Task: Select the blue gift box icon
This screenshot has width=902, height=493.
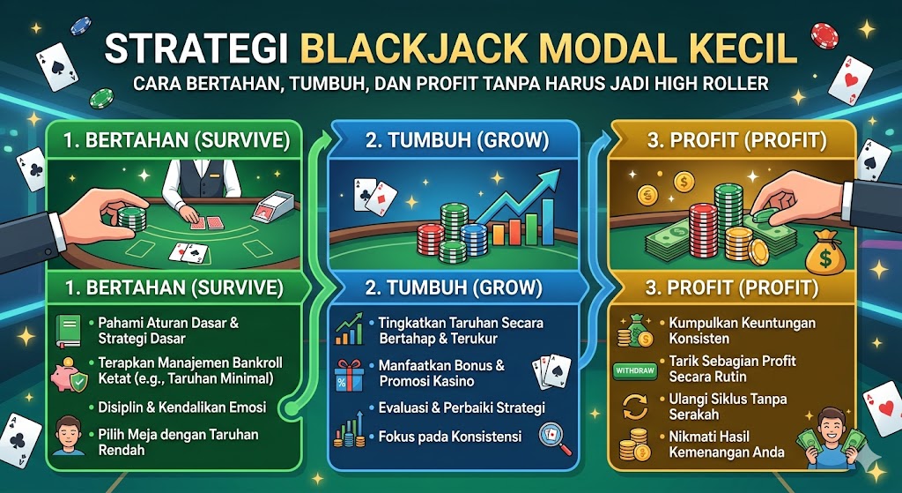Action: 350,374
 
